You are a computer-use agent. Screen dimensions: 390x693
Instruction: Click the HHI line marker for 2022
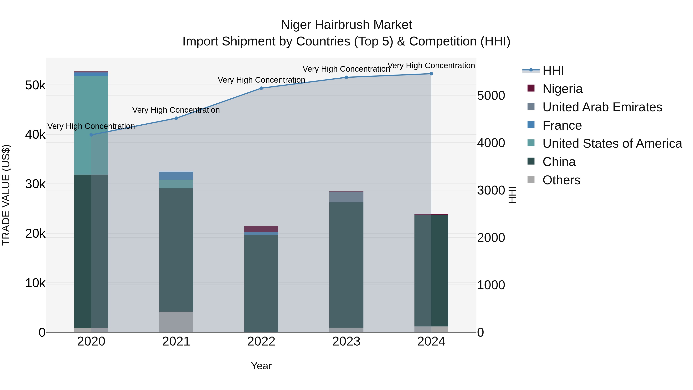[x=261, y=88]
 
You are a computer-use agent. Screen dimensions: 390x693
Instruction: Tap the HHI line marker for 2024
[x=431, y=74]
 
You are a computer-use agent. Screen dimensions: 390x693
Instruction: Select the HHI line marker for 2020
[x=91, y=135]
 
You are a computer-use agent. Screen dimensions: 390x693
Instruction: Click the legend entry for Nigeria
[x=562, y=89]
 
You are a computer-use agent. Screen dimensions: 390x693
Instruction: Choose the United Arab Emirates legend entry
[x=602, y=107]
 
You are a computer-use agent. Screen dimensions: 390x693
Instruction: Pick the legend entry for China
[x=559, y=162]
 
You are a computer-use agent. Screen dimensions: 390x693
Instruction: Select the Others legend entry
[x=561, y=180]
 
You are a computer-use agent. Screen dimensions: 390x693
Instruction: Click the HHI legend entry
[x=553, y=70]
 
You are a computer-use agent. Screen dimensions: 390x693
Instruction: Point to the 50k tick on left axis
[x=35, y=85]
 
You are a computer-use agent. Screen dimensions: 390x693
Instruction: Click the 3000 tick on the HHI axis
[x=491, y=190]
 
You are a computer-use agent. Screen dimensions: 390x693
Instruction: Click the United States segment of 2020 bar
[x=91, y=125]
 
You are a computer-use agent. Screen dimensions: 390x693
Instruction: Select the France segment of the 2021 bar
[x=176, y=175]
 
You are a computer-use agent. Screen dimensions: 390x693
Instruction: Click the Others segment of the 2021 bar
[x=176, y=322]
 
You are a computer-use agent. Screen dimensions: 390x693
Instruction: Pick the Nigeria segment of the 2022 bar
[x=261, y=229]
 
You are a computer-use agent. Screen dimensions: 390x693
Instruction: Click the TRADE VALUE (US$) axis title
[x=6, y=195]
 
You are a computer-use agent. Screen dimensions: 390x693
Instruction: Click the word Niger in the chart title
[x=296, y=25]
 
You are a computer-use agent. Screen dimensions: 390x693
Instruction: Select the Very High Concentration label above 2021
[x=176, y=110]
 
